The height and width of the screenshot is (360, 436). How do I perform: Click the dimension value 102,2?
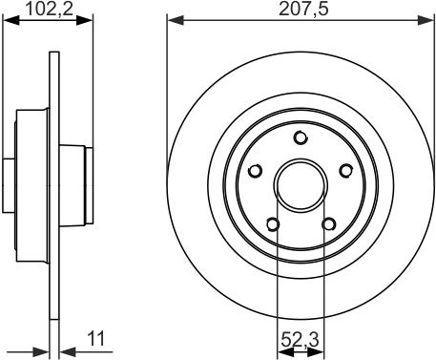[x=50, y=9]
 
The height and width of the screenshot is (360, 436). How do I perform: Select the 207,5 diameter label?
[x=303, y=9]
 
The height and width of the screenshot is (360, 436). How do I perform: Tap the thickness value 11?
[x=95, y=339]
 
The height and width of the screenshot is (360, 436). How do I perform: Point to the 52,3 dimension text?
[x=300, y=339]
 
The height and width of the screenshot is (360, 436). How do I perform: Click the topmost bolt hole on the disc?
[x=300, y=138]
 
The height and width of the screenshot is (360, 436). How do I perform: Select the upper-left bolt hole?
[x=255, y=171]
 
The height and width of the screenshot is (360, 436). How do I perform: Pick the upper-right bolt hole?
[x=345, y=171]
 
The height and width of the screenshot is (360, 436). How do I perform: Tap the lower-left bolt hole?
[x=273, y=224]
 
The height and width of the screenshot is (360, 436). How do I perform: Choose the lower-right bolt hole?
[x=328, y=224]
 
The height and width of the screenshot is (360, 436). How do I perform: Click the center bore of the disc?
[x=301, y=185]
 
